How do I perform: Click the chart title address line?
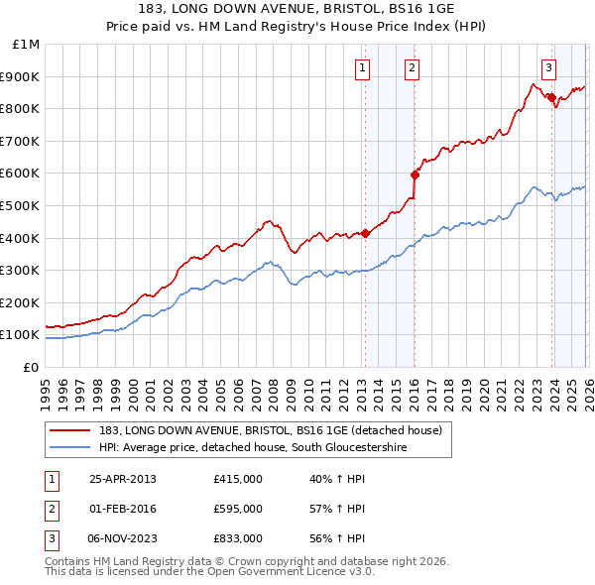click(297, 8)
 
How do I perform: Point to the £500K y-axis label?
click(20, 206)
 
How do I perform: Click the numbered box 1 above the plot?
click(362, 68)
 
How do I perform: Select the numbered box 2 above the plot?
click(412, 68)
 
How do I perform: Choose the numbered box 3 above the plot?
click(548, 68)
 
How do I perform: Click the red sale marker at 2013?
click(365, 233)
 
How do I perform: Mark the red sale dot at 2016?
click(415, 175)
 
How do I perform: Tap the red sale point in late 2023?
click(550, 97)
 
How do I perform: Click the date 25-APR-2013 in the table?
click(123, 479)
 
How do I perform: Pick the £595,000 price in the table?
click(238, 509)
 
